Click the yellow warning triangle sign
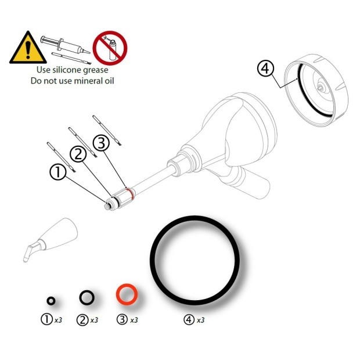[x=23, y=48]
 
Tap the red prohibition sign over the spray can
[x=110, y=48]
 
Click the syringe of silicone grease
[x=63, y=43]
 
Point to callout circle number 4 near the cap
[x=265, y=69]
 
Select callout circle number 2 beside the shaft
[x=79, y=154]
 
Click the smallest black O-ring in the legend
[x=51, y=300]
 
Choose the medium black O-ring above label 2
[x=87, y=297]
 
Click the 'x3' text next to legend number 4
[x=200, y=320]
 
